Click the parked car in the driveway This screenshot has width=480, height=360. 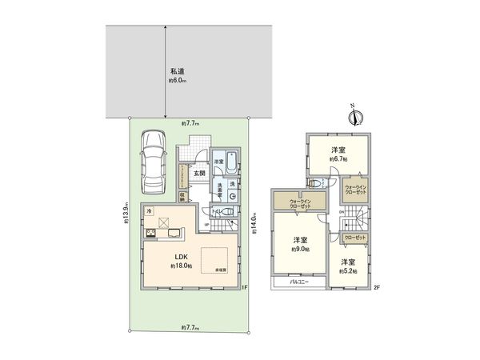[x=152, y=161]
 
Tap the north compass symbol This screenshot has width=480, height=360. [x=353, y=117]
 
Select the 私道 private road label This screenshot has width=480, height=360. [x=177, y=71]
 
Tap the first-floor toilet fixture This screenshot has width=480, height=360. [x=226, y=212]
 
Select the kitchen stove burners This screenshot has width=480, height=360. [x=150, y=234]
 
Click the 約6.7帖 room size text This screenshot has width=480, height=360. [x=337, y=159]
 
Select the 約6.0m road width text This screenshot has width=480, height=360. [x=177, y=81]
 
